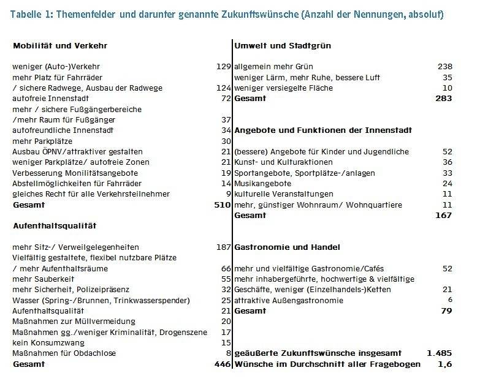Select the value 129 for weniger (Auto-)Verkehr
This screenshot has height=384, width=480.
[x=223, y=67]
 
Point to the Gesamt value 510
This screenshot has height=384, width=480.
[x=221, y=205]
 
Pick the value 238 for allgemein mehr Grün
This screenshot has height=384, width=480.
[x=444, y=67]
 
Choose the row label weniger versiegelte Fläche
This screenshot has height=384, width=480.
[x=283, y=88]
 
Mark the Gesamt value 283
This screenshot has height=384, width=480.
[x=443, y=99]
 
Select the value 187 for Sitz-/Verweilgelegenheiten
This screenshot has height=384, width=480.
[x=223, y=247]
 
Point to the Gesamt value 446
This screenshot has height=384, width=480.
[x=221, y=364]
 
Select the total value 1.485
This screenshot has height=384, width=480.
[x=440, y=353]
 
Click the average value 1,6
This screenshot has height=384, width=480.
[x=444, y=364]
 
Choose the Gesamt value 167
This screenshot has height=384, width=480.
[x=443, y=216]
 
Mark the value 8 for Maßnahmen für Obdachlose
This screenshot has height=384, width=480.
[x=227, y=353]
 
